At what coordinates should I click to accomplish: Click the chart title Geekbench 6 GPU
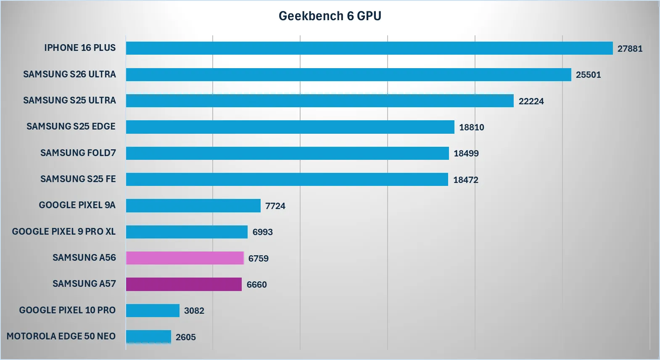(x=330, y=16)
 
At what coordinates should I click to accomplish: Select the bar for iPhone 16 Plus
(x=369, y=48)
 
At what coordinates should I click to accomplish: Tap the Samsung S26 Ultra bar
(x=348, y=74)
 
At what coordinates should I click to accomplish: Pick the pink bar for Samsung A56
(x=185, y=258)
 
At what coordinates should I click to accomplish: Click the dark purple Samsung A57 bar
(x=184, y=284)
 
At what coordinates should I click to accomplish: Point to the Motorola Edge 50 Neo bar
(x=148, y=336)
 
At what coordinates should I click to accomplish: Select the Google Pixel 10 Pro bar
(x=153, y=310)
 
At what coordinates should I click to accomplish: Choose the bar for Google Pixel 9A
(x=193, y=206)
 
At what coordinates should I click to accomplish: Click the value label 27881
(x=630, y=49)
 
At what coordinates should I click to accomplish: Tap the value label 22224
(x=531, y=101)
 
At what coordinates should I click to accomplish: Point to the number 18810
(x=471, y=127)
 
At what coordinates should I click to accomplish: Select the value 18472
(x=465, y=180)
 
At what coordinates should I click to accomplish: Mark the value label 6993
(x=262, y=232)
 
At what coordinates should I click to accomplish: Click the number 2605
(x=185, y=337)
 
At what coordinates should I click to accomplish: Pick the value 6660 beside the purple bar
(x=256, y=285)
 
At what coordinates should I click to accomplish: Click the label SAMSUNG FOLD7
(x=78, y=153)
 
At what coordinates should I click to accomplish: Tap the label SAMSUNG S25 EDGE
(x=71, y=127)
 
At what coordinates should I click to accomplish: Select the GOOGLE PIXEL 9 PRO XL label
(x=63, y=232)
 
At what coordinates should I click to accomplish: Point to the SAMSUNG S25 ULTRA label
(x=69, y=101)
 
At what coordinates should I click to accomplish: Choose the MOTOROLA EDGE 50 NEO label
(x=61, y=336)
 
